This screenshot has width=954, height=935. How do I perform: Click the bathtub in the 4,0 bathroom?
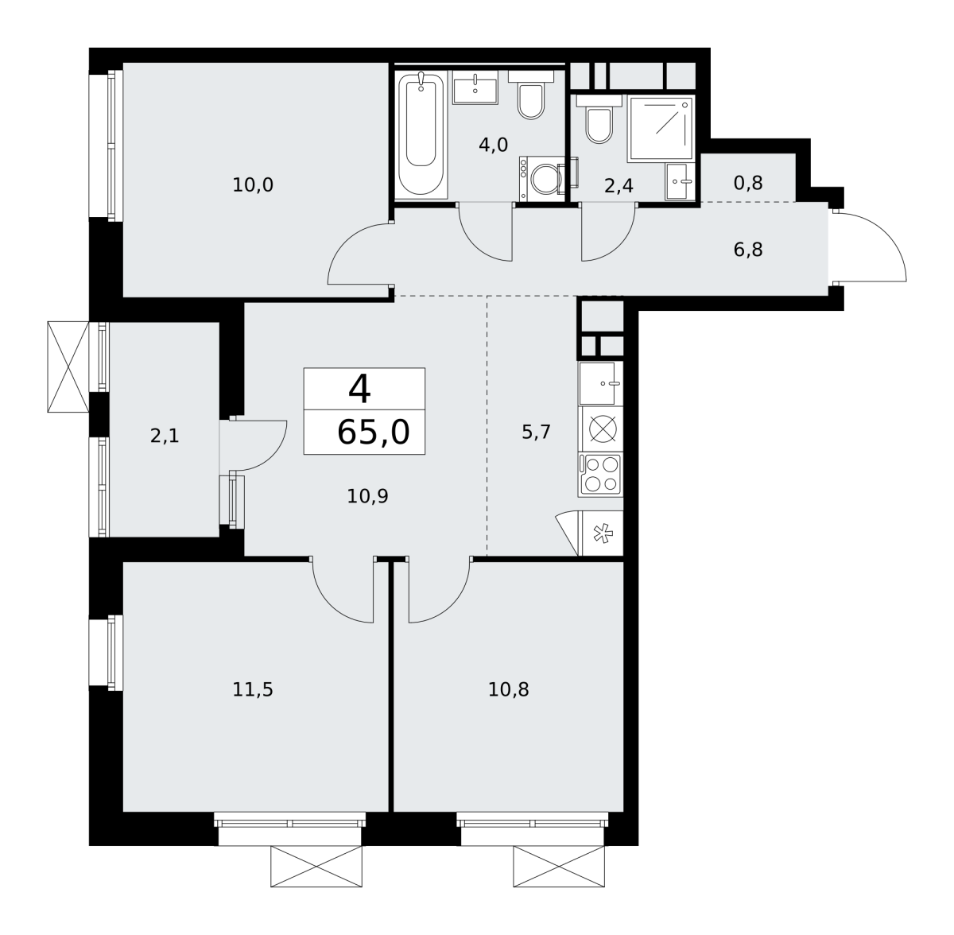click(421, 134)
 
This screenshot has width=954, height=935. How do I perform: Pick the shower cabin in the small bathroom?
click(661, 129)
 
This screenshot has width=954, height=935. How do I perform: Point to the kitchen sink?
click(600, 383)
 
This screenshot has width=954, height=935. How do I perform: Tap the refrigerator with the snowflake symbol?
click(603, 533)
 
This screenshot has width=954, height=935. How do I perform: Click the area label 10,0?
click(253, 185)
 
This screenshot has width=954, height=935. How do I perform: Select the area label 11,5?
click(253, 689)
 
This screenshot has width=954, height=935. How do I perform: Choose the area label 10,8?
click(509, 689)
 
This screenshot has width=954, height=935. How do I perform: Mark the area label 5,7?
click(536, 433)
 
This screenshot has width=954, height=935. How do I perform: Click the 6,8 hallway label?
click(748, 250)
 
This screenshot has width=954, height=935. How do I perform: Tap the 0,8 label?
click(748, 184)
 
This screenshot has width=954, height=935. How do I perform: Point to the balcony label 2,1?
click(165, 436)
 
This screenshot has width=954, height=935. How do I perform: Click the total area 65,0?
click(374, 433)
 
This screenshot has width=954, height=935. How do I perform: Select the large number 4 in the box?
click(359, 390)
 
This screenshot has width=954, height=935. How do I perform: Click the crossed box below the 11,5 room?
click(316, 866)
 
